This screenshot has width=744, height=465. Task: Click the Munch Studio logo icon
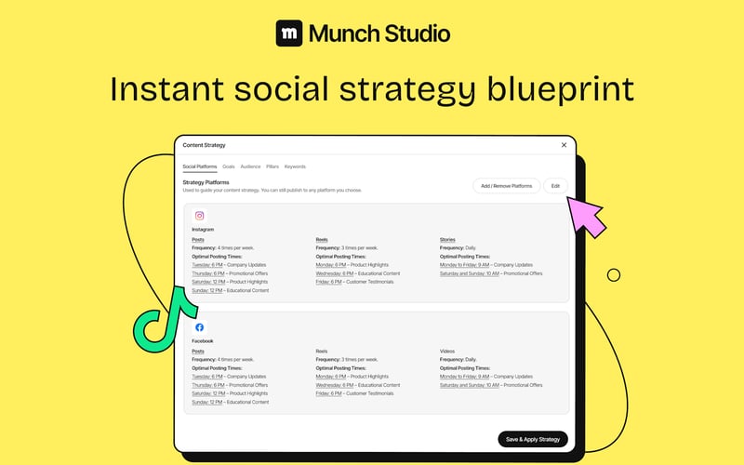coord(289,34)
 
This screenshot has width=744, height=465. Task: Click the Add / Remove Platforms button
coord(507,186)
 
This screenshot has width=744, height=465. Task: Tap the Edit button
coord(555,186)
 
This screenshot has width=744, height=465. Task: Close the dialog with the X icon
coord(564,145)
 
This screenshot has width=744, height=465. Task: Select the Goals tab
coord(228,166)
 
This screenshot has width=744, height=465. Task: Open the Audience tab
coord(250,166)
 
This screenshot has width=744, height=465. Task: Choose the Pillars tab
coord(272,166)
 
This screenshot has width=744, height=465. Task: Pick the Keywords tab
coord(295,166)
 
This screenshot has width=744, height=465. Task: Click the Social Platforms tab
coord(199,166)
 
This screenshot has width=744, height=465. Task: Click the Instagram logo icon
coord(199,216)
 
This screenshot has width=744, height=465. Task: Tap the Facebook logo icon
coord(199,327)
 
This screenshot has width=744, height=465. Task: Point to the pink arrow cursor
coord(585,213)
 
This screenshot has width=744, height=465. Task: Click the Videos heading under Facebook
coord(447,351)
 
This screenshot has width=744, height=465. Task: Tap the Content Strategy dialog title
coord(204,145)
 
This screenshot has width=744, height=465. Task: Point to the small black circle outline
coord(614,274)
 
